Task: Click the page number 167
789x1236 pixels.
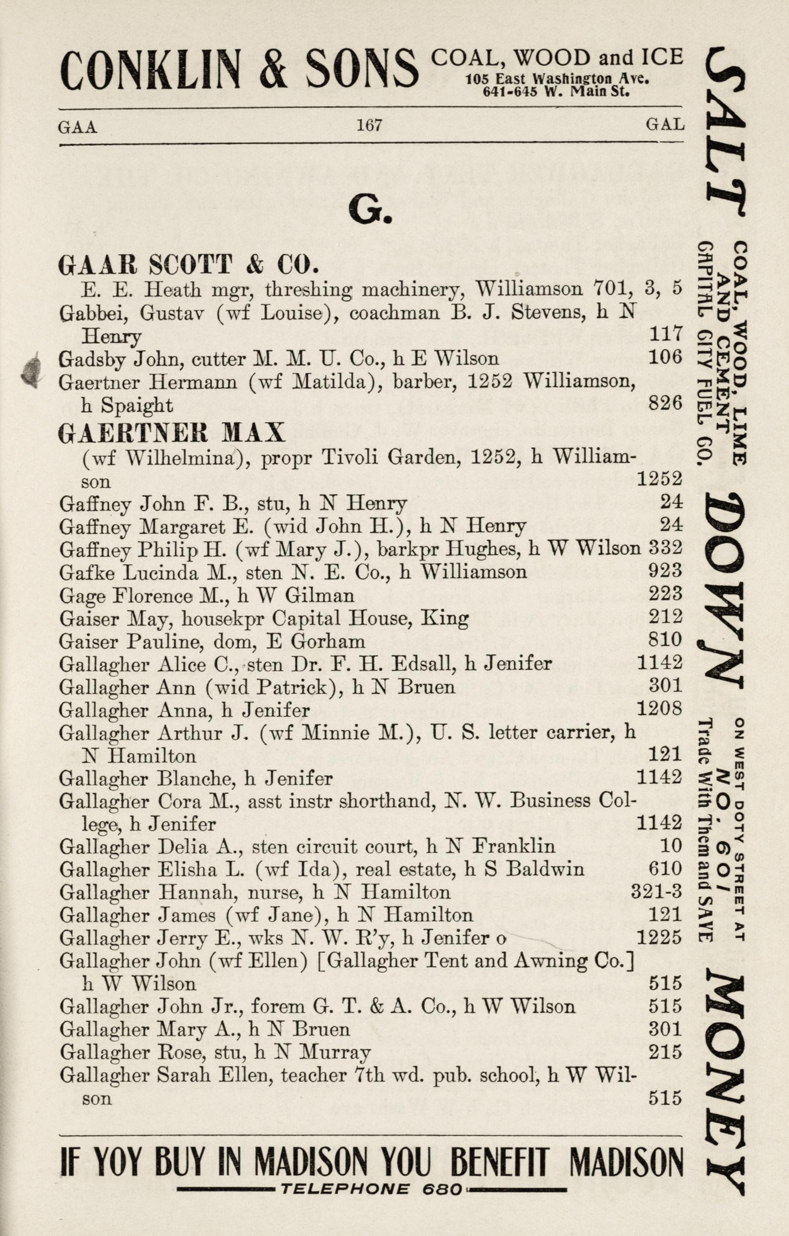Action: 369,125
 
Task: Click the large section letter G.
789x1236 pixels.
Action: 370,211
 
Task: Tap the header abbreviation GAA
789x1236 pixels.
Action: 78,126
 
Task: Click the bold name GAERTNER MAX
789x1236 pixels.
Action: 171,433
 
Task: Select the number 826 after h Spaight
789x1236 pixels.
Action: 665,404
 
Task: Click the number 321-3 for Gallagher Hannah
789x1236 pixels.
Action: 655,892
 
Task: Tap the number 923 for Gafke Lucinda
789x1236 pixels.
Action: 665,570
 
